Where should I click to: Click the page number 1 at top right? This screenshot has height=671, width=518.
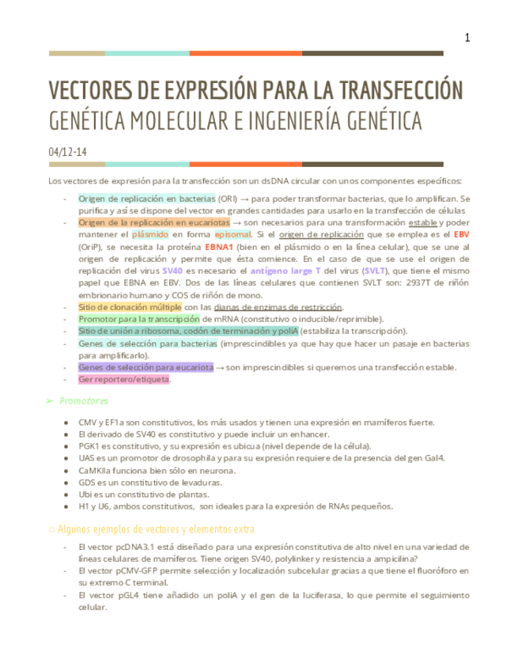coord(467,38)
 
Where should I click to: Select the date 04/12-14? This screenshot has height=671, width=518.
coord(67,151)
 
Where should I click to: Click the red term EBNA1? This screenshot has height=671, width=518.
coord(218,247)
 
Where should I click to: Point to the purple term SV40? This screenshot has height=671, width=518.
coord(172,271)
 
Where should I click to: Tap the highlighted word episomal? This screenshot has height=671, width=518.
coord(233,235)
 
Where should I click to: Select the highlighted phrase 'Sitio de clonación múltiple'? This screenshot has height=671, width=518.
coord(130,307)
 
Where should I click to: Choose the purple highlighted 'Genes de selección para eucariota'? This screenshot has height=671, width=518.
coord(146,367)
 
